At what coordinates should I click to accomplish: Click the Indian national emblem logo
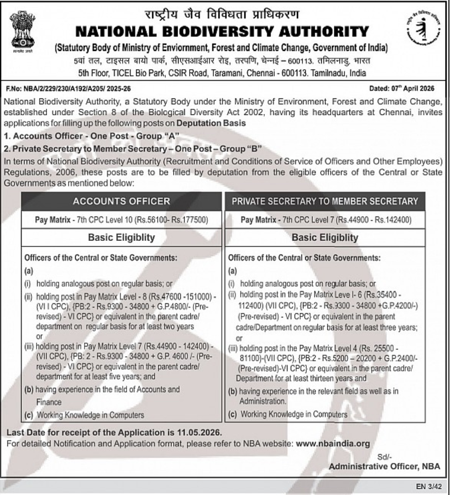(22, 34)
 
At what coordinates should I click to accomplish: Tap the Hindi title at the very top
(221, 12)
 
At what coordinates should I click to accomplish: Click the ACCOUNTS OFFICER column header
(122, 201)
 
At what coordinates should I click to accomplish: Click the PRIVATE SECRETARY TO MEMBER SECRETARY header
(325, 201)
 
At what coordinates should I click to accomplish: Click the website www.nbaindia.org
(333, 444)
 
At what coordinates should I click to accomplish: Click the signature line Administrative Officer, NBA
(384, 466)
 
